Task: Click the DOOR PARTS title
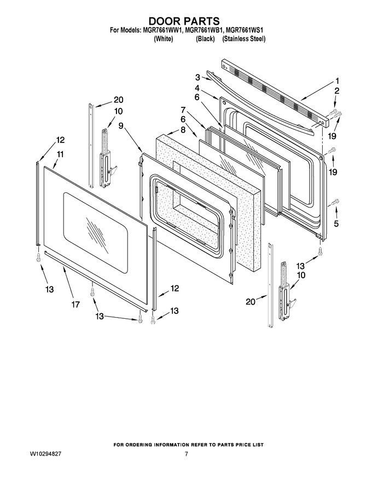pos(184,21)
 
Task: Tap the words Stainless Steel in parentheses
pos(243,39)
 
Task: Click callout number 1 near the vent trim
pos(337,81)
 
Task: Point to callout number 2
pos(336,91)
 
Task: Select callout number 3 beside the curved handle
pos(198,77)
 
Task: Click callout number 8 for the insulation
pos(183,130)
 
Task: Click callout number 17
pos(75,305)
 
